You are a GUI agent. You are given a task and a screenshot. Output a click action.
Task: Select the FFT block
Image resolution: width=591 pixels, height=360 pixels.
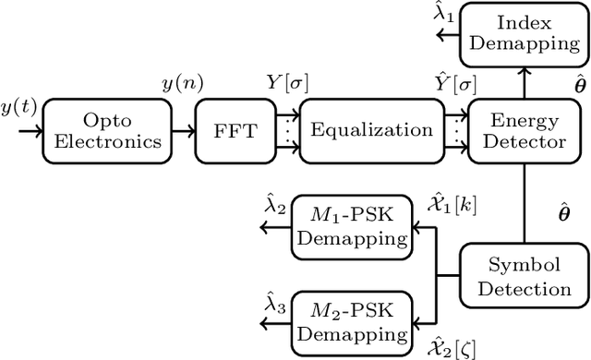[224, 130]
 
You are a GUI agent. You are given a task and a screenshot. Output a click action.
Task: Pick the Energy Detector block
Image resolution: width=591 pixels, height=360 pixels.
[522, 130]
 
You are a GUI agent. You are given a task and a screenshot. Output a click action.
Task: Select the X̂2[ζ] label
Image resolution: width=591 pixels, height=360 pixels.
[451, 347]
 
